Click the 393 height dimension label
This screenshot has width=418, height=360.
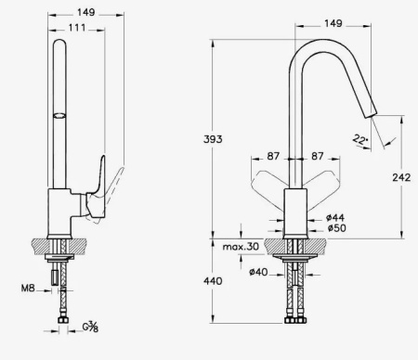[x=213, y=139]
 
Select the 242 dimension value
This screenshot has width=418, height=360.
[x=401, y=177]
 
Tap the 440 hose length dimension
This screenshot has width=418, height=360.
[x=213, y=281]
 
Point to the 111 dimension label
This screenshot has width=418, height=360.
[x=77, y=28]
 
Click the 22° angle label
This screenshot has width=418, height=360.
[x=360, y=140]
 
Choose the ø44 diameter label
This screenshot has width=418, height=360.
[x=335, y=217]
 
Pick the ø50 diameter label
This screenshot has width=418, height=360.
[x=337, y=228]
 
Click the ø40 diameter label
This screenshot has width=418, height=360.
[x=258, y=272]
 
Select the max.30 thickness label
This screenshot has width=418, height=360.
[x=241, y=247]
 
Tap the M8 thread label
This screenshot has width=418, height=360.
[x=28, y=289]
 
